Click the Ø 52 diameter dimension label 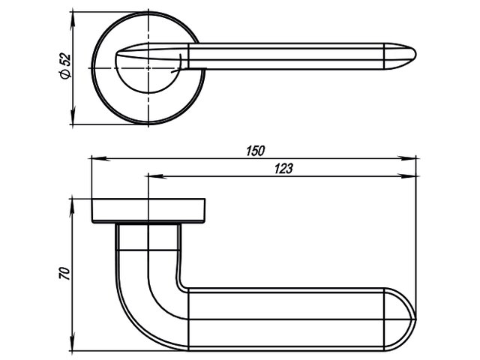click(65, 67)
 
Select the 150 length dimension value click(255, 151)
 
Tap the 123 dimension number click(283, 169)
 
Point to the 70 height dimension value click(64, 273)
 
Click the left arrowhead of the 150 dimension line click(100, 158)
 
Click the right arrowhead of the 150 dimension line click(407, 158)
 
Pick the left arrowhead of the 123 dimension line click(157, 176)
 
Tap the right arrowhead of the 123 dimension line click(407, 176)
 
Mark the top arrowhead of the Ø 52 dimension click(73, 21)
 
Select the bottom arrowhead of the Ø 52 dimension click(73, 115)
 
